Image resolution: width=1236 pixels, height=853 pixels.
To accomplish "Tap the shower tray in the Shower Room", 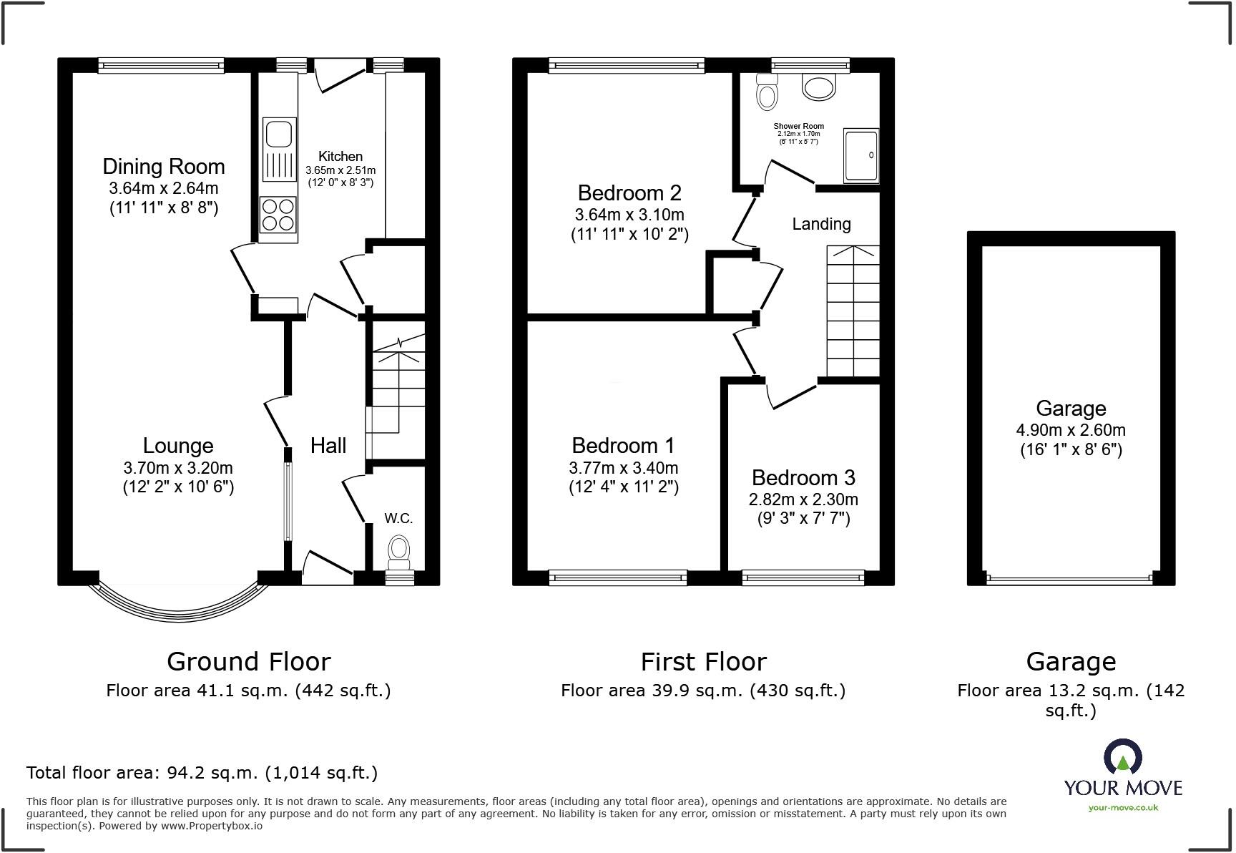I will coord(860,155).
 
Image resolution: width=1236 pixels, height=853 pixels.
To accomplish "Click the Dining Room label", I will coord(164,167).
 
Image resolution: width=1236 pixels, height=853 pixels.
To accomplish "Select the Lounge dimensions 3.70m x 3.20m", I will coord(178,468).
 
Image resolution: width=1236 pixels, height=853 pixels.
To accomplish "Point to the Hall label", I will coord(328,446).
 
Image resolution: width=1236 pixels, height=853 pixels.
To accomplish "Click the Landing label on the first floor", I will coord(821,224).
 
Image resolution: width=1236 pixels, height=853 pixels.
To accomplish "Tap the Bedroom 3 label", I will coord(803,477).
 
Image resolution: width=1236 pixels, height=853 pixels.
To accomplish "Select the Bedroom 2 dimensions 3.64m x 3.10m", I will coord(629,215).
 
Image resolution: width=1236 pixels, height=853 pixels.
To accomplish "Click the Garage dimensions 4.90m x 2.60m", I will coord(1071,430).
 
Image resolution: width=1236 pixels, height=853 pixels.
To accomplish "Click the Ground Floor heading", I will coord(248,661).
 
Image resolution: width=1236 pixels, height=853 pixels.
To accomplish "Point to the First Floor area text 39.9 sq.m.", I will coord(703,691).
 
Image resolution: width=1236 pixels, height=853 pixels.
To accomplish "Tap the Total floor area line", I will coord(202,773).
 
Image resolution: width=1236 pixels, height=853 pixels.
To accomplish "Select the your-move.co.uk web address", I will coord(1123,808).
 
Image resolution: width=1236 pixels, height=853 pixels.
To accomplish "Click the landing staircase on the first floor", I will coord(853,311).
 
